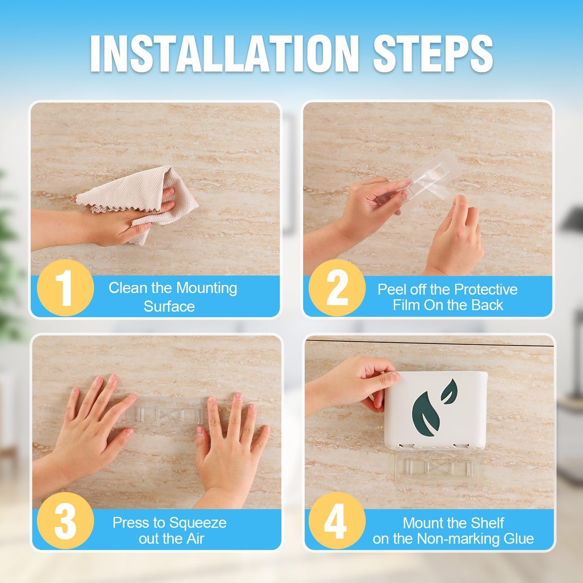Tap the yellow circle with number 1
click(65, 288)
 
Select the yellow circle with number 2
click(337, 288)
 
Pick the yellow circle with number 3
click(65, 521)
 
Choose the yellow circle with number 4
click(335, 521)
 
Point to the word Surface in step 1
click(169, 306)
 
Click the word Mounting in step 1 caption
click(206, 288)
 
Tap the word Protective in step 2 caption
click(486, 290)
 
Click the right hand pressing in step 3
click(229, 447)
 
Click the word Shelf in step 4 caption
click(486, 523)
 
